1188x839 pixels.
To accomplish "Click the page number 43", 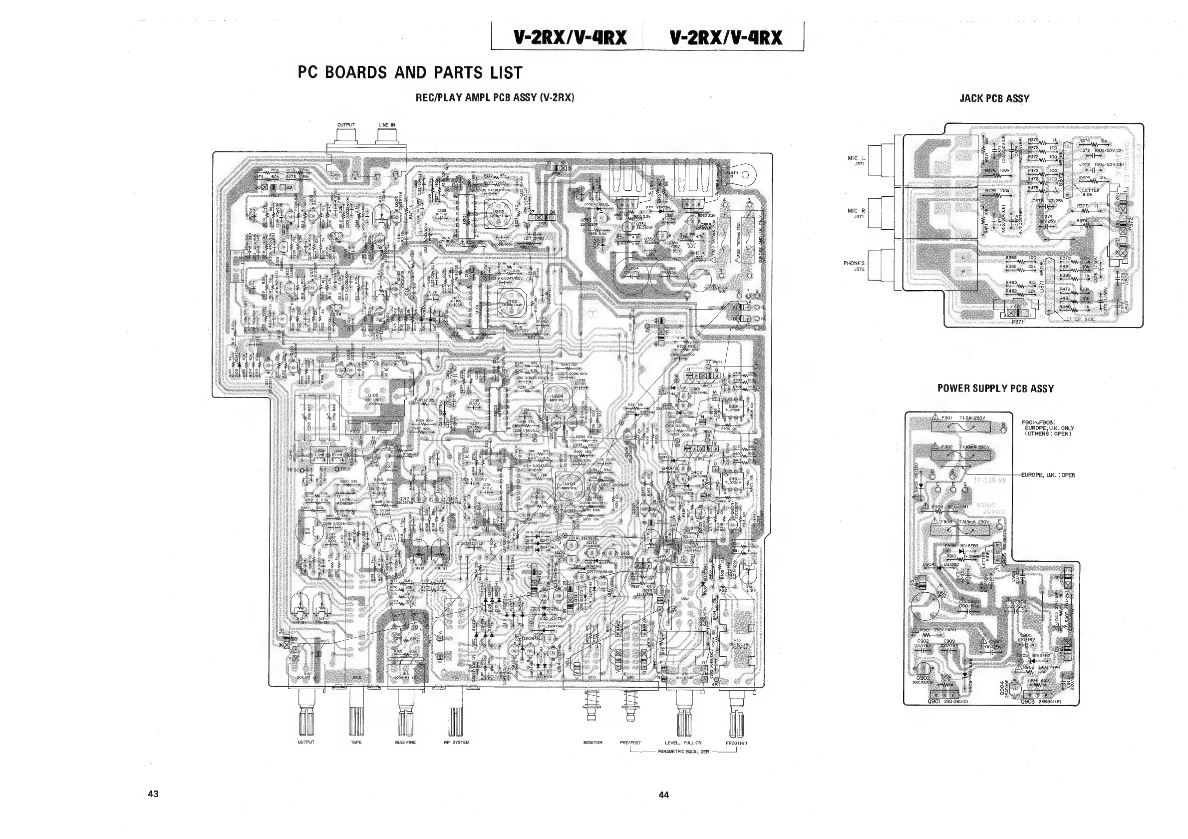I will [153, 794].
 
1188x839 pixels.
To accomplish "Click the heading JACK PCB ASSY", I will [994, 98].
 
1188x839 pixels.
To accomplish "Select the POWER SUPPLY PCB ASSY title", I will [995, 388].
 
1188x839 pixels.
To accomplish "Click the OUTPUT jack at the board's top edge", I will [346, 137].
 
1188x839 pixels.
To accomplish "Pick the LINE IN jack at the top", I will [387, 137].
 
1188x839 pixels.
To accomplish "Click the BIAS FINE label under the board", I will [405, 742].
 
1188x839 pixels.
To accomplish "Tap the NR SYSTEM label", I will [456, 742].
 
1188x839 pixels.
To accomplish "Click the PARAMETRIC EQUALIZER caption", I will [683, 752].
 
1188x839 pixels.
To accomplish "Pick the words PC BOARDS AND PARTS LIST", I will [410, 72].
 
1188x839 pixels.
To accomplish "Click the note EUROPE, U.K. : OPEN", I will [1048, 474].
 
